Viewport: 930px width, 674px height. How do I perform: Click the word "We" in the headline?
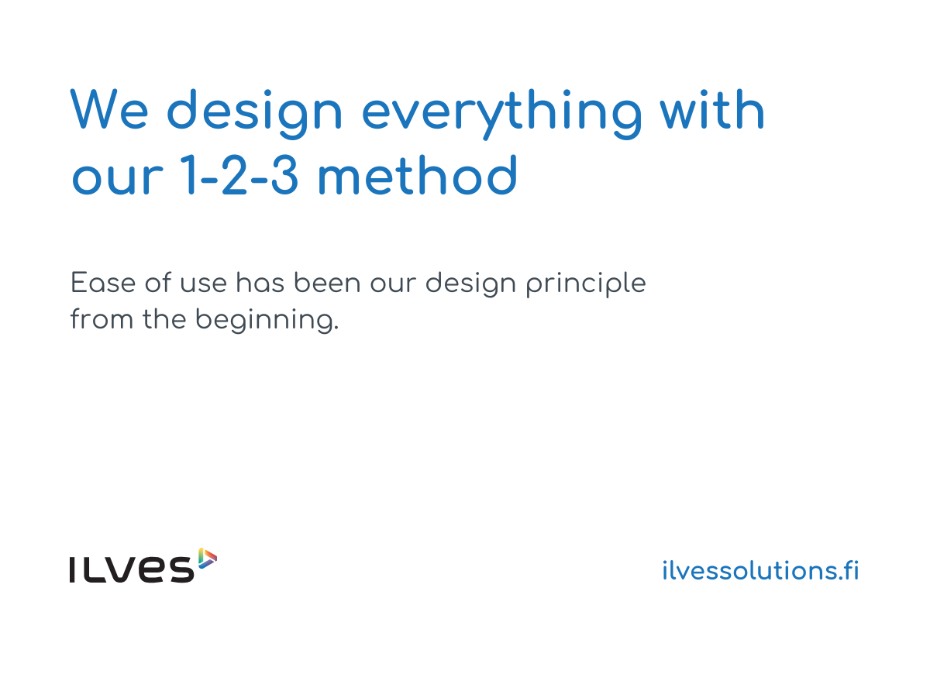coord(109,109)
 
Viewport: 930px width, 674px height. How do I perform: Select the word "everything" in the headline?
coord(502,114)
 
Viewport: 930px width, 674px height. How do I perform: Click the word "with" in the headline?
coord(712,108)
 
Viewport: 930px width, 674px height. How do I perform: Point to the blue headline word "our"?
coord(118,179)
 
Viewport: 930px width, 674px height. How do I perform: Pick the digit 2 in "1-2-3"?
coord(235,174)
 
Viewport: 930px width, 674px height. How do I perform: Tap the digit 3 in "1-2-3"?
coord(284,174)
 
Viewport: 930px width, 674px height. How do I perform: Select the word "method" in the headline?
coord(418,174)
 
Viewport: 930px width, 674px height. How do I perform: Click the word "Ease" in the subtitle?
coord(103,283)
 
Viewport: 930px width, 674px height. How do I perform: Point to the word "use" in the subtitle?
coord(203,284)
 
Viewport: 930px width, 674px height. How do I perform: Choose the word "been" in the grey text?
coord(327,283)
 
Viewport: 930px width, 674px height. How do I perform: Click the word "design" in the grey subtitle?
coord(471,285)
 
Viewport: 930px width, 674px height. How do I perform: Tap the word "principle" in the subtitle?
coord(586,285)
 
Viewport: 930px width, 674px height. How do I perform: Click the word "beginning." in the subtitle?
coord(267,321)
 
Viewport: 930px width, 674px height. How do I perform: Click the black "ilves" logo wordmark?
coord(132,569)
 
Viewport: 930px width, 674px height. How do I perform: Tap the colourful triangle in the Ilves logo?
coord(206,559)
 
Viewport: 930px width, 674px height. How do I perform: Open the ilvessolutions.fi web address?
coord(760,570)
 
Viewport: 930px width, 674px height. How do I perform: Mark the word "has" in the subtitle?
coord(260,283)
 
